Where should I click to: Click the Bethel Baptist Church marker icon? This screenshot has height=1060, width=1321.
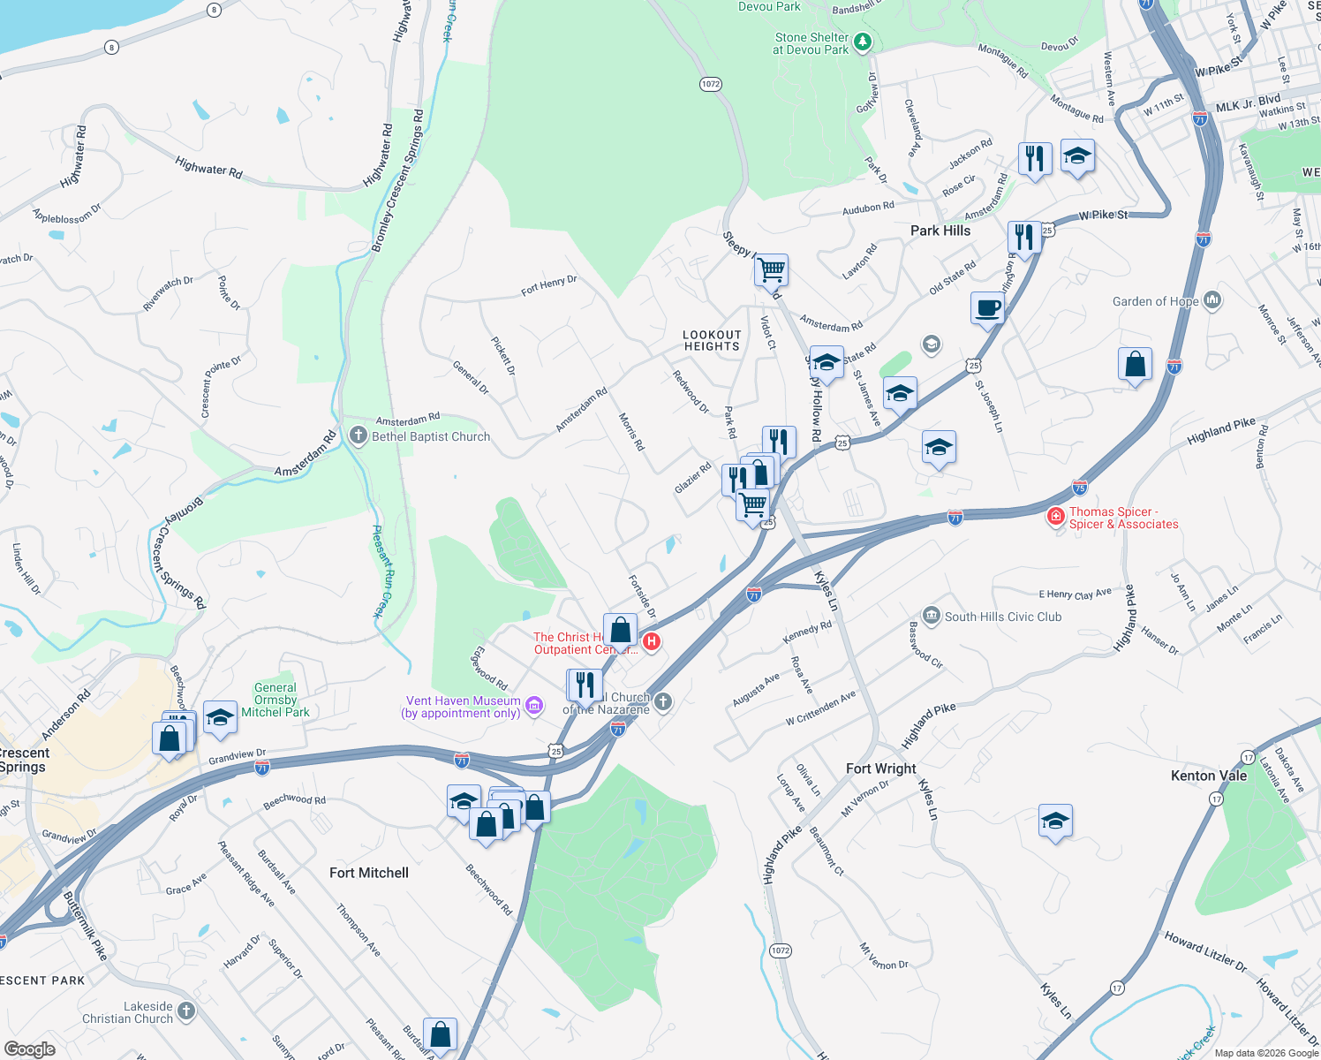(358, 435)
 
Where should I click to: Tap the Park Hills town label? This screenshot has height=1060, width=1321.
(940, 231)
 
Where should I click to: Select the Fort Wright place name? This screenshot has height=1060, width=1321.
(880, 768)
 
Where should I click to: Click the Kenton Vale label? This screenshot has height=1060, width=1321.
(1208, 776)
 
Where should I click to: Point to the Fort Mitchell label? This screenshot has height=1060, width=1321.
(369, 873)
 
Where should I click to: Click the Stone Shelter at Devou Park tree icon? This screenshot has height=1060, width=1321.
(863, 42)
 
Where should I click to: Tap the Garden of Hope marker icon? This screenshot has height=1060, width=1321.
(1212, 300)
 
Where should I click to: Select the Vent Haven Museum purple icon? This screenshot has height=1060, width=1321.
(533, 705)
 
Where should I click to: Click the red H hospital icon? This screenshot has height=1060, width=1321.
(652, 641)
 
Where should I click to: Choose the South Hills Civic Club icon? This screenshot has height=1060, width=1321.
(931, 615)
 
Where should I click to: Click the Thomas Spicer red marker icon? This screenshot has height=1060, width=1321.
(1055, 516)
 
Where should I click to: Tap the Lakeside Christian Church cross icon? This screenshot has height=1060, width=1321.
(185, 1011)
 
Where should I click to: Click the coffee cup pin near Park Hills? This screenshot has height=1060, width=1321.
(987, 308)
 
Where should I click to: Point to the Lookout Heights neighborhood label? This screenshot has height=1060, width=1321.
(712, 340)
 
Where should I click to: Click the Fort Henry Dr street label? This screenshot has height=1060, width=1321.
(548, 285)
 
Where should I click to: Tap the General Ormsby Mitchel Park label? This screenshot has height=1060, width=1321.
(276, 700)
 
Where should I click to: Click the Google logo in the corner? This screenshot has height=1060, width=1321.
(29, 1049)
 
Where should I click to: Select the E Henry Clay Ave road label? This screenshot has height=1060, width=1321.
(1075, 594)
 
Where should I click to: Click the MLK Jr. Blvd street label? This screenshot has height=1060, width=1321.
(1248, 104)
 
